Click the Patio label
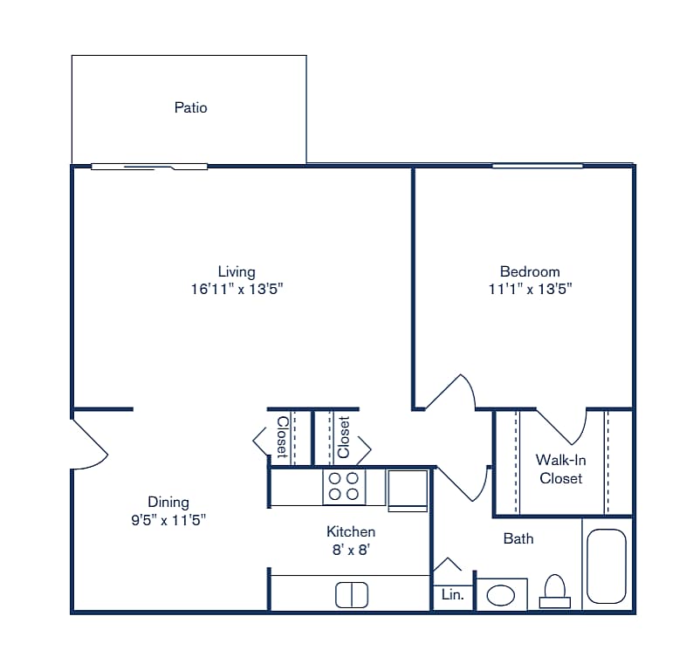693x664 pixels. (190, 108)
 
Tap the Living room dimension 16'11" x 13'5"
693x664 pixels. (237, 289)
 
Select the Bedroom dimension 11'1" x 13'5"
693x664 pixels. (530, 289)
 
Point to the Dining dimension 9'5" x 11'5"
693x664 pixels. (168, 519)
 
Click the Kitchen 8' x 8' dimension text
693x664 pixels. (351, 550)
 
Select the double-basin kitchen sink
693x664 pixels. (351, 595)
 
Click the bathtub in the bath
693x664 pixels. (606, 565)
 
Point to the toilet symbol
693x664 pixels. (555, 592)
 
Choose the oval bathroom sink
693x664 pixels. (500, 596)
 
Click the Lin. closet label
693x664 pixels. (453, 596)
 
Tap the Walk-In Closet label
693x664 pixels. (560, 469)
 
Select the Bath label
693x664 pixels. (518, 538)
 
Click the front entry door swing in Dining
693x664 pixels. (90, 443)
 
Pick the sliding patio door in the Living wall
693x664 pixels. (149, 166)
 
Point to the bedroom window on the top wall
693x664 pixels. (537, 165)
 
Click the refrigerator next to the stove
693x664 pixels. (407, 488)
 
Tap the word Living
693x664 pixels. (237, 271)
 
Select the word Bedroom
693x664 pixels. (530, 271)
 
